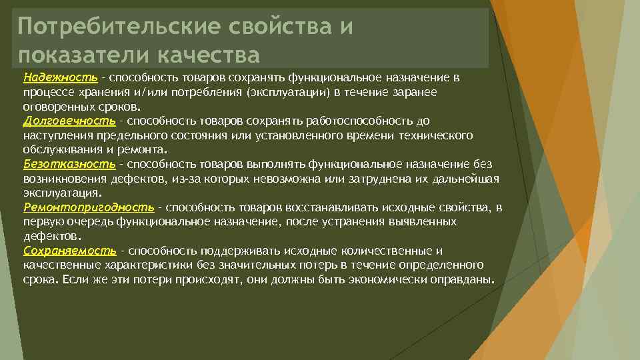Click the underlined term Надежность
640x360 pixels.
point(60,77)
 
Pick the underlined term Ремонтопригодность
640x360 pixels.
point(88,207)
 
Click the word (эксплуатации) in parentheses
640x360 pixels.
point(285,92)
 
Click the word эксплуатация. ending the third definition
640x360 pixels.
point(62,193)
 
